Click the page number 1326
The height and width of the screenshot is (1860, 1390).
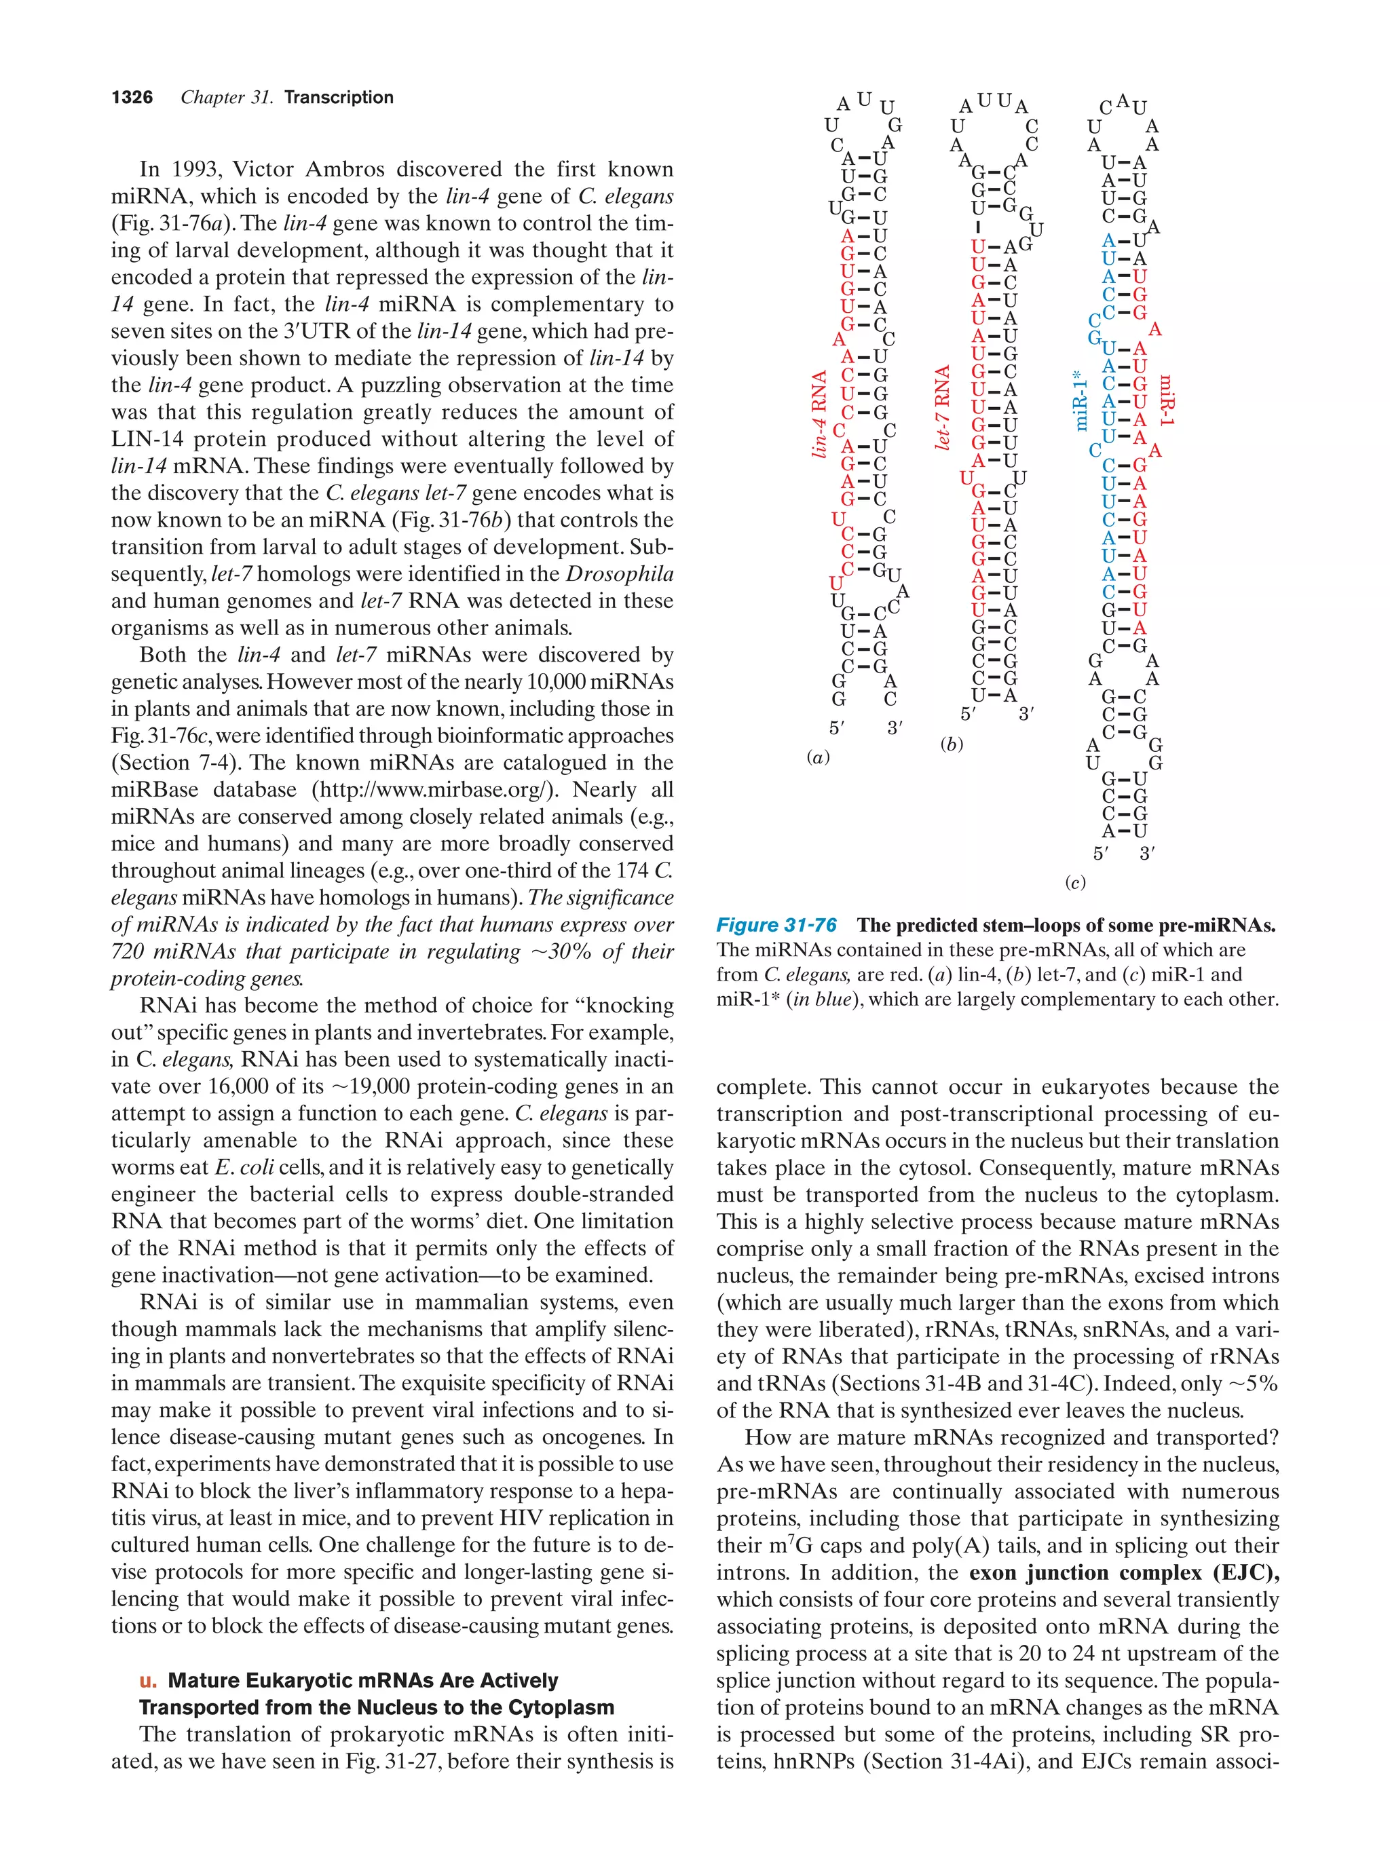tap(132, 98)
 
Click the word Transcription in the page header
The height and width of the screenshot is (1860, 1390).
tap(338, 98)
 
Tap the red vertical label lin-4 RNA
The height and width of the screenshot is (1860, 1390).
tap(819, 415)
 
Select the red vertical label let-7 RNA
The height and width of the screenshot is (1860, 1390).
tap(943, 407)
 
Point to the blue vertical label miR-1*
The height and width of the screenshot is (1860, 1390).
tap(1081, 401)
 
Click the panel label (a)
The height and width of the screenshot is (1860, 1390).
tap(817, 757)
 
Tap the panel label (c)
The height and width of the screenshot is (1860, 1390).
tap(1074, 883)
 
